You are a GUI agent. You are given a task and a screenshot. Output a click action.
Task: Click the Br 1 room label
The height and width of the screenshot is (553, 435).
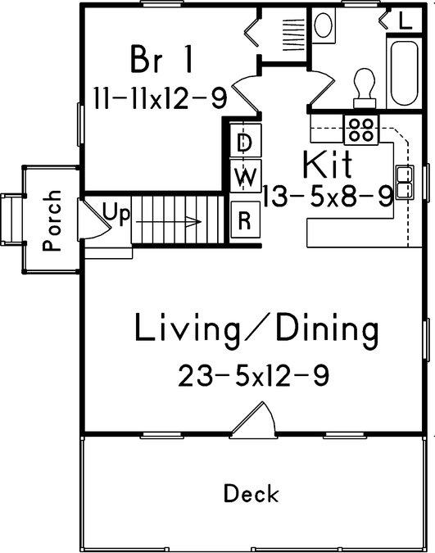pyautogui.click(x=161, y=59)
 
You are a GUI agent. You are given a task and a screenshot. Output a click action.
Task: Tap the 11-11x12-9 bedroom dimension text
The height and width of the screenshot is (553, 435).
pyautogui.click(x=160, y=98)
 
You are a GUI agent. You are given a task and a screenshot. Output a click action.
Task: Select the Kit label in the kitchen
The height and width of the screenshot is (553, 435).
pyautogui.click(x=328, y=164)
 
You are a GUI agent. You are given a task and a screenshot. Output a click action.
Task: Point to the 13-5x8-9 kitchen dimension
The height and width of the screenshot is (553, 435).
pyautogui.click(x=328, y=196)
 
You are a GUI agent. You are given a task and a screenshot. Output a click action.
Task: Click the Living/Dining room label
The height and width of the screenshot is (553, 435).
pyautogui.click(x=256, y=330)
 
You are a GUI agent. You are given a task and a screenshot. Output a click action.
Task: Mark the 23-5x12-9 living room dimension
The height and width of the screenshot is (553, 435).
pyautogui.click(x=254, y=376)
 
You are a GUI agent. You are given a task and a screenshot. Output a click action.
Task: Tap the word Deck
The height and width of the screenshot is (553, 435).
pyautogui.click(x=251, y=494)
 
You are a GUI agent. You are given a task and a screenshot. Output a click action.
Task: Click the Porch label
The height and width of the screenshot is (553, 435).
pyautogui.click(x=52, y=220)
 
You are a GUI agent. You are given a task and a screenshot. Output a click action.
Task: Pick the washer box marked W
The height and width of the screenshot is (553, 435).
pyautogui.click(x=246, y=175)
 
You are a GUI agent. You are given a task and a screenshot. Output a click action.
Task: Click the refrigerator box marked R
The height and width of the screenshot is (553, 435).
pyautogui.click(x=246, y=220)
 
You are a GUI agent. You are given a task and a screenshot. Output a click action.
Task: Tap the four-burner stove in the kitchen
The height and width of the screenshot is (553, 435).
pyautogui.click(x=361, y=129)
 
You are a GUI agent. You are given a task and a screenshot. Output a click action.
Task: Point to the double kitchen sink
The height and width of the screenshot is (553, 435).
pyautogui.click(x=405, y=183)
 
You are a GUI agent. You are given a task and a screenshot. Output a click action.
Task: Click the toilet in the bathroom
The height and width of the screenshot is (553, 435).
pyautogui.click(x=364, y=88)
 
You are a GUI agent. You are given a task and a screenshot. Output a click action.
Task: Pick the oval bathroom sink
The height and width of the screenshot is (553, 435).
pyautogui.click(x=323, y=25)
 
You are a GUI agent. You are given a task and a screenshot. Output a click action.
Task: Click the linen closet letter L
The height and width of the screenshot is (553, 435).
pyautogui.click(x=406, y=20)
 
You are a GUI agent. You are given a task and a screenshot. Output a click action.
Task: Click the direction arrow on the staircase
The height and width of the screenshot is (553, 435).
pyautogui.click(x=169, y=222)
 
